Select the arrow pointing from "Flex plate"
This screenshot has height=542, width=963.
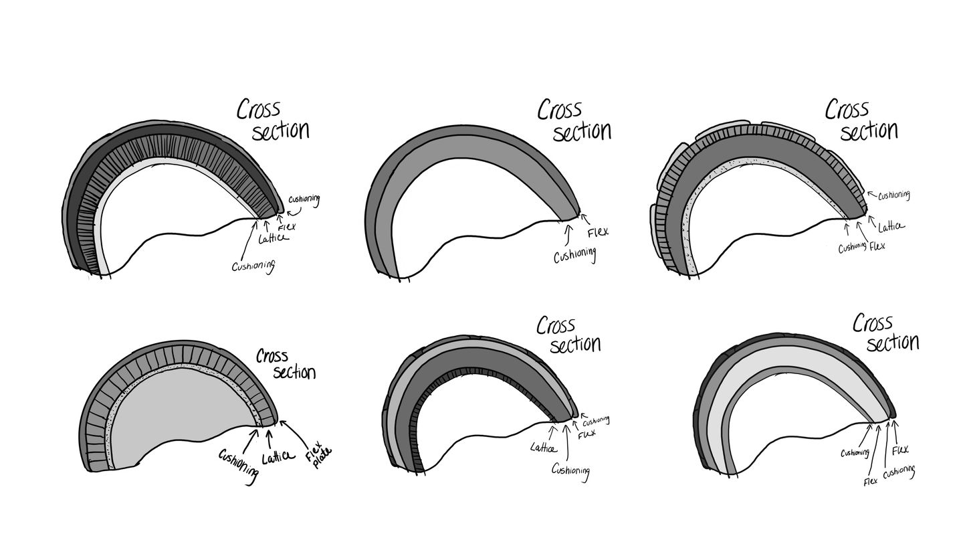(x=292, y=432)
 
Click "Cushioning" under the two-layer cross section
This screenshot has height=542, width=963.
(x=574, y=255)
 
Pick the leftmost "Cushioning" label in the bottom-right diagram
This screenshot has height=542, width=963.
(x=855, y=453)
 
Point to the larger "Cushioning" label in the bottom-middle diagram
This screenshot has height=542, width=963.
(x=570, y=470)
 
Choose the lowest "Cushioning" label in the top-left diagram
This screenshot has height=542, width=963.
(x=253, y=266)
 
